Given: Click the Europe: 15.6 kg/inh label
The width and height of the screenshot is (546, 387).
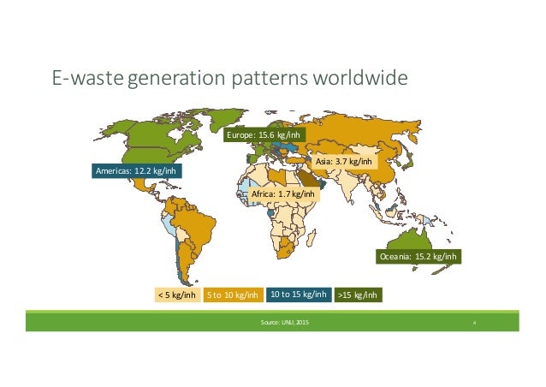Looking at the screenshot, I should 263,136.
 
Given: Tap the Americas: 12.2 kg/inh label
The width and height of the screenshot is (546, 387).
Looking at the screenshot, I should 139,171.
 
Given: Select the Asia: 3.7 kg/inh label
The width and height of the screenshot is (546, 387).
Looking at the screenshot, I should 343,161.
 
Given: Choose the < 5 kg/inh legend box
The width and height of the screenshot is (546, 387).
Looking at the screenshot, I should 175,295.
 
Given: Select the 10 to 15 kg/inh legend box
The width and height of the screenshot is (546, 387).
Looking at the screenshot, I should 298,295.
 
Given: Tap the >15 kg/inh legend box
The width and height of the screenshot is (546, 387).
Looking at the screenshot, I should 357,295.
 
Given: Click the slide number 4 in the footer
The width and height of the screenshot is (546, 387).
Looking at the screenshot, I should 475,323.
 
